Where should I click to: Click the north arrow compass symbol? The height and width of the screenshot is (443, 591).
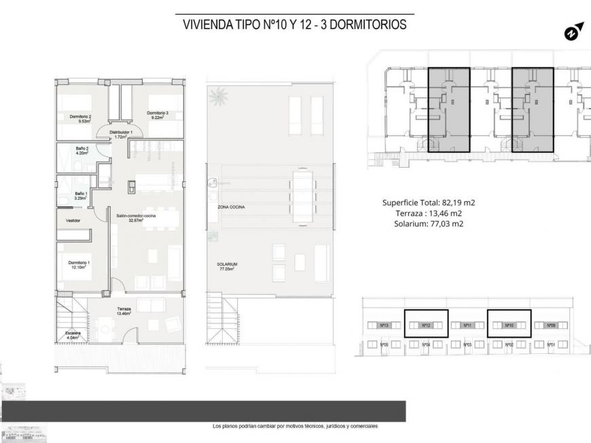(573, 31)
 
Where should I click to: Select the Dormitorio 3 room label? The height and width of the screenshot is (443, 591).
(157, 115)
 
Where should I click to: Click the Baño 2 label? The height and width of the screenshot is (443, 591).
(82, 151)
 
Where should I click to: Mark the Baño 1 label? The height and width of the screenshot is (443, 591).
(80, 196)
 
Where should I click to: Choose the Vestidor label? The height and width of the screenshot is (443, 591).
(73, 221)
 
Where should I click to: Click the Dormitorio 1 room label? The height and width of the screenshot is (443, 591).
(79, 265)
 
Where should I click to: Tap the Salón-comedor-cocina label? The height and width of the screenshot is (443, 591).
(136, 217)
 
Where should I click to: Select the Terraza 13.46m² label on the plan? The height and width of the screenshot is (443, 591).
(123, 311)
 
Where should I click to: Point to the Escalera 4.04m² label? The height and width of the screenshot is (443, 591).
(73, 334)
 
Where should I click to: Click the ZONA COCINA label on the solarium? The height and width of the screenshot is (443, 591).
(231, 207)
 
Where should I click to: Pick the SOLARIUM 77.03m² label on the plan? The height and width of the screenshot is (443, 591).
(227, 266)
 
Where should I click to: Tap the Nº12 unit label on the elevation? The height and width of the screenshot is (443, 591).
(427, 326)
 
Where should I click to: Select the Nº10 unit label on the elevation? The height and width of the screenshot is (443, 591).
(509, 326)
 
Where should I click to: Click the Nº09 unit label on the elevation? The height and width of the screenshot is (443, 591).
(552, 326)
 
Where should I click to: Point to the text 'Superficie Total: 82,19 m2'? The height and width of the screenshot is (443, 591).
(429, 202)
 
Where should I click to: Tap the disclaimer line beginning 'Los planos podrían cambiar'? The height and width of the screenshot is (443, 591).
(295, 426)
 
